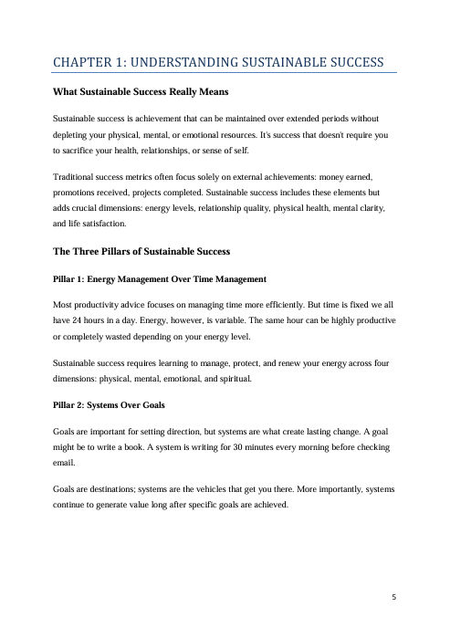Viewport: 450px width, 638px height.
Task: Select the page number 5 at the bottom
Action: click(393, 597)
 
